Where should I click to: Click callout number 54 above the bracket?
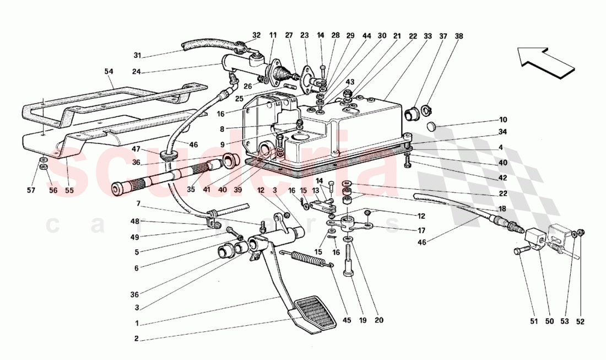tap(109, 72)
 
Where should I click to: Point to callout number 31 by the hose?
tap(138, 55)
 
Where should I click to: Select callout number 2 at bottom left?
tap(136, 339)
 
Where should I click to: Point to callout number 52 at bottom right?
tap(580, 322)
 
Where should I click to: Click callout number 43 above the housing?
tap(349, 82)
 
